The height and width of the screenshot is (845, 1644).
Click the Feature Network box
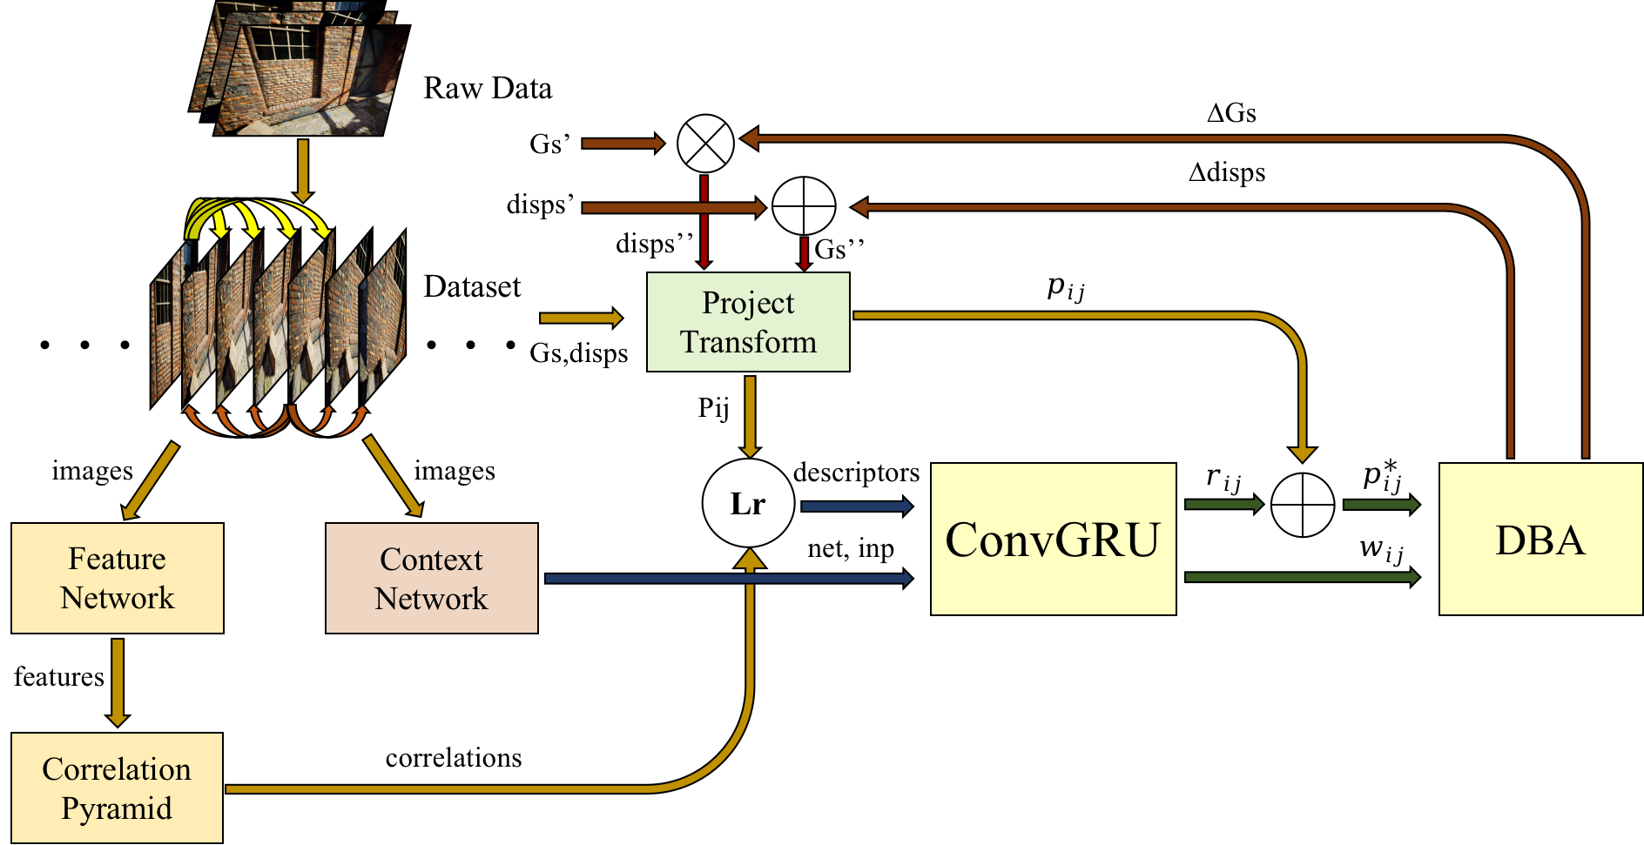coord(118,578)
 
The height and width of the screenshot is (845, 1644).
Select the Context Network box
coord(431,578)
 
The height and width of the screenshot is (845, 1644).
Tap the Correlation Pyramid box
coord(117,788)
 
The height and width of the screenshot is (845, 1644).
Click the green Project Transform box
coord(748,322)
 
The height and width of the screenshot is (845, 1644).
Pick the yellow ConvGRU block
coord(1053,539)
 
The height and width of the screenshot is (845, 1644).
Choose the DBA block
coord(1540,539)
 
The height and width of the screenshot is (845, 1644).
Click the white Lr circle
coord(748,503)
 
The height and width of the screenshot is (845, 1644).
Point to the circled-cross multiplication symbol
coord(705,143)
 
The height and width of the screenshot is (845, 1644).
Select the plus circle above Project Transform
coord(804,206)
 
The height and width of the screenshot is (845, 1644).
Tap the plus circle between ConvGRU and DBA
coord(1302,505)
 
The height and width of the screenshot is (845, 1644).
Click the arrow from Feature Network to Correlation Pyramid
coord(118,681)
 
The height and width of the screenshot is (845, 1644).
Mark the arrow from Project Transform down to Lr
coord(749,416)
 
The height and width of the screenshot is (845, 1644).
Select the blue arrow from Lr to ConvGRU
coord(855,506)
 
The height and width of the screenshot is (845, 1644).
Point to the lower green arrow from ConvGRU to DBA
coord(1301,576)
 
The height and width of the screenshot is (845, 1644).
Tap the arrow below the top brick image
coord(303,171)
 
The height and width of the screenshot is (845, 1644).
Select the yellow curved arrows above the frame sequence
coord(257,218)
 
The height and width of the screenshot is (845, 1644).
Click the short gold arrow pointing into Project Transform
coord(580,318)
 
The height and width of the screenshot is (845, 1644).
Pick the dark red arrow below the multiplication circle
coord(704,222)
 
